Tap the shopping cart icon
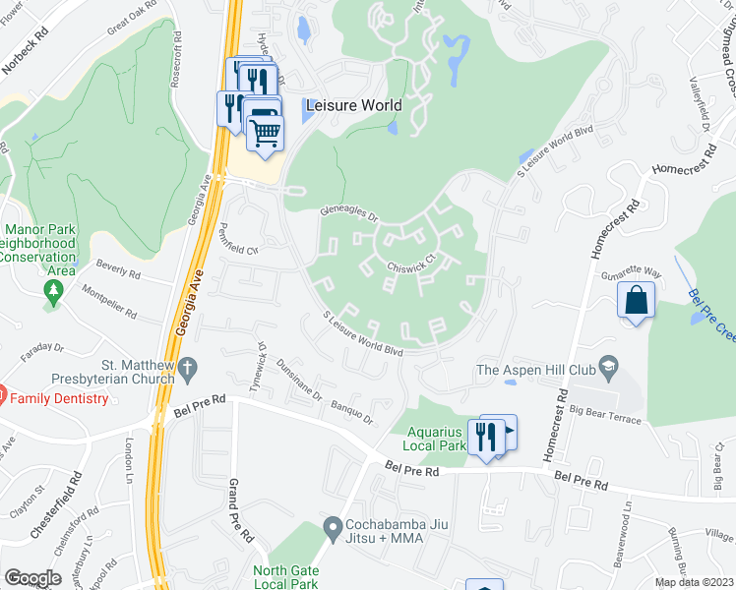click(265, 131)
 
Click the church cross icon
click(189, 368)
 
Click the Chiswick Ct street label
click(411, 265)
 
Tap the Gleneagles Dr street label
click(349, 212)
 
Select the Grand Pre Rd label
click(234, 501)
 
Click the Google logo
click(32, 578)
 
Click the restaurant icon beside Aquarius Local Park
click(486, 436)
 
